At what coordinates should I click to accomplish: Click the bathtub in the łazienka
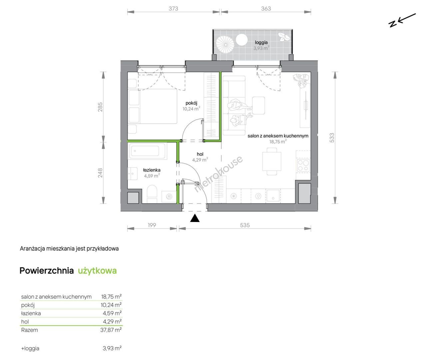click(x=148, y=151)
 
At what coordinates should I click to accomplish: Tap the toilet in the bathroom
click(x=152, y=194)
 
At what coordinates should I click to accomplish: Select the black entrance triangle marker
click(x=195, y=218)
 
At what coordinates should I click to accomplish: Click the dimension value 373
click(x=174, y=8)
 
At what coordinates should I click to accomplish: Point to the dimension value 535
click(x=245, y=225)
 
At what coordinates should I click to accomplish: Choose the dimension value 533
click(x=331, y=138)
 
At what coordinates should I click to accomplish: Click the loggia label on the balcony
click(x=261, y=42)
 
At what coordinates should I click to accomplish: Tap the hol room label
click(x=200, y=154)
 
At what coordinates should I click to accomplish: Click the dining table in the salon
click(x=272, y=161)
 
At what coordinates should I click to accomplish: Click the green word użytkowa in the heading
click(x=97, y=271)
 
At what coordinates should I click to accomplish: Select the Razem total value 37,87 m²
click(x=111, y=330)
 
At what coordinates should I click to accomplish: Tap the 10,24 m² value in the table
click(x=111, y=305)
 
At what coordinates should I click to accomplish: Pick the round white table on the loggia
click(x=241, y=40)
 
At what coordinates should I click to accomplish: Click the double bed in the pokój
click(x=153, y=106)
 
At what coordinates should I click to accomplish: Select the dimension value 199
click(x=152, y=225)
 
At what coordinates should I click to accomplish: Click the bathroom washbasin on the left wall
click(x=133, y=173)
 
